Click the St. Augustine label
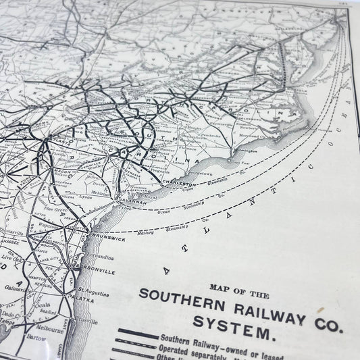99,290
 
